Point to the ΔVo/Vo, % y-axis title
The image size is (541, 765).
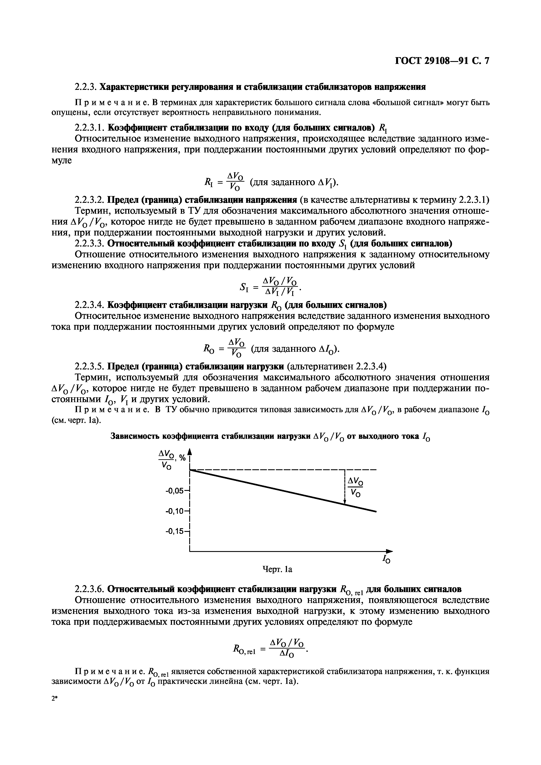coord(171,459)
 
